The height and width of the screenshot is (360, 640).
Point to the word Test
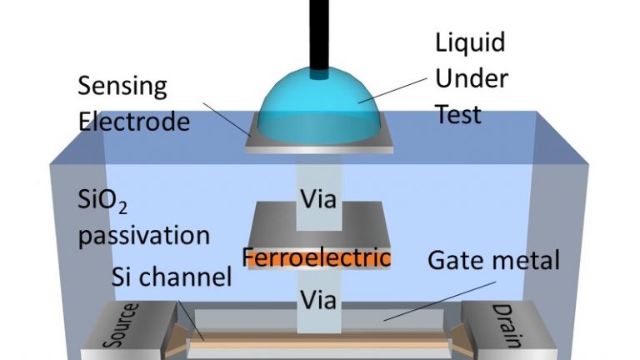458,113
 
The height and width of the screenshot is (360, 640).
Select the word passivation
144,236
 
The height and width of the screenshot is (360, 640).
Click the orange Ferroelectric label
317,258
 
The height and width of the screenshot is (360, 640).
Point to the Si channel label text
172,278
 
